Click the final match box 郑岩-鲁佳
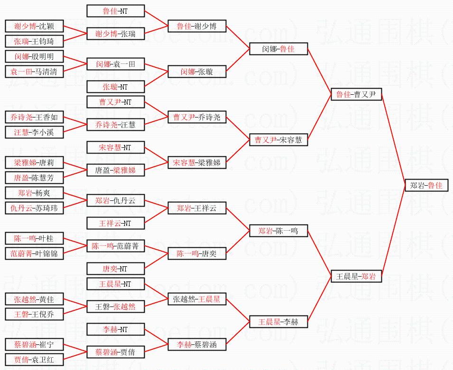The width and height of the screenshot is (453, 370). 426,186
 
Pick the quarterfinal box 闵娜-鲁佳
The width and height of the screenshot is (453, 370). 278,49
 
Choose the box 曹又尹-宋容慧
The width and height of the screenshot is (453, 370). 278,140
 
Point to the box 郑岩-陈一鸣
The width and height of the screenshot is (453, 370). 278,231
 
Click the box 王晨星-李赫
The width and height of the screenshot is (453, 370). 278,322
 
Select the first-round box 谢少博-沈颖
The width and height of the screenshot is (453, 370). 34,27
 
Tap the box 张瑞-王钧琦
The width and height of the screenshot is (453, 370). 34,41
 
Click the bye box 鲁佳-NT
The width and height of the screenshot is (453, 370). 116,11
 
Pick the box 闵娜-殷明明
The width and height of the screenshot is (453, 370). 34,57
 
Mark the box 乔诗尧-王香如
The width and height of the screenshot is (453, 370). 34,117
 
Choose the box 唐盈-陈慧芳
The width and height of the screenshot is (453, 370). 34,178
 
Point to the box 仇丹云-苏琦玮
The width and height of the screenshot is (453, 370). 34,208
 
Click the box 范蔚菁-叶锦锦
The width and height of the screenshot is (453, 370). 34,253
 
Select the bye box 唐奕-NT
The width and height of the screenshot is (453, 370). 116,269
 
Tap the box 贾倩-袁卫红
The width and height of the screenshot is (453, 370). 34,360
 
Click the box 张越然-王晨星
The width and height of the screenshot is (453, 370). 197,299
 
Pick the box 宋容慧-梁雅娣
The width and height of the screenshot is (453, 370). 197,162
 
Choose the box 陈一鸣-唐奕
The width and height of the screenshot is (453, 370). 197,253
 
